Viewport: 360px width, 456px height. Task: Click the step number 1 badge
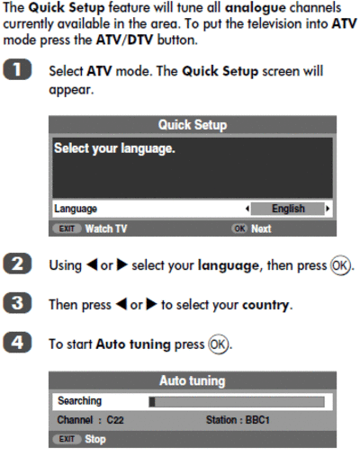point(17,69)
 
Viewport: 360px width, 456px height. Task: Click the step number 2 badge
point(17,264)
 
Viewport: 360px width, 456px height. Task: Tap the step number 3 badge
point(17,303)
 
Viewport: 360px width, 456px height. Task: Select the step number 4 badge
point(17,342)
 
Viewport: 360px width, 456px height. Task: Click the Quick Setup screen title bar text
point(193,125)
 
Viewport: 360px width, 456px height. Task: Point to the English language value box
point(288,209)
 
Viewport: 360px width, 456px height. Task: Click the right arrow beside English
point(328,209)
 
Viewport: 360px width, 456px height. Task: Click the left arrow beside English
point(247,209)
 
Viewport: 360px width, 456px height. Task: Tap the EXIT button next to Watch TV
point(67,228)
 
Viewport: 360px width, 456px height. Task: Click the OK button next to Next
point(239,228)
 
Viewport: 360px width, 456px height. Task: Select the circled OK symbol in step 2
point(340,265)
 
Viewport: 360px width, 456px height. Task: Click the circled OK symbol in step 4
point(219,344)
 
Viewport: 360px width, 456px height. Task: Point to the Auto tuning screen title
point(193,380)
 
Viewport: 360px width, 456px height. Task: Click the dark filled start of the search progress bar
point(152,402)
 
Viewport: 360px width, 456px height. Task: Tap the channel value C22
point(115,420)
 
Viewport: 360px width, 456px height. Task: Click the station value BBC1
point(257,420)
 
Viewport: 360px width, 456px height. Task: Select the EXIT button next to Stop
point(67,439)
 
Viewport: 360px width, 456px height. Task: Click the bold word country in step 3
point(265,306)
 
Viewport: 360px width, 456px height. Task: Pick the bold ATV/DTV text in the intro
point(124,40)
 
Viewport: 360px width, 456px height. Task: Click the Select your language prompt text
point(114,148)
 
